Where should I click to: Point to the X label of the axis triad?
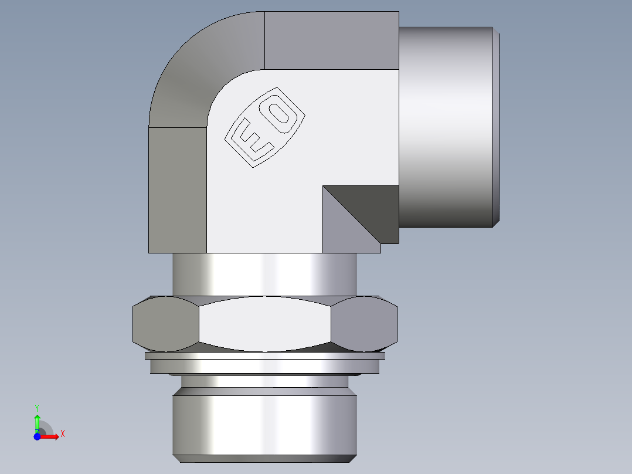pos(62,434)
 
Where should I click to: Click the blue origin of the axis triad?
pos(37,436)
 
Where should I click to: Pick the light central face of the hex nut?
pos(265,323)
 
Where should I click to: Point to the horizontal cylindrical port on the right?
pos(446,126)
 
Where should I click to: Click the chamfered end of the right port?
pos(496,126)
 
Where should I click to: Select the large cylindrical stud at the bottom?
pos(264,425)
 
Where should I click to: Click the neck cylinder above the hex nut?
pos(264,274)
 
